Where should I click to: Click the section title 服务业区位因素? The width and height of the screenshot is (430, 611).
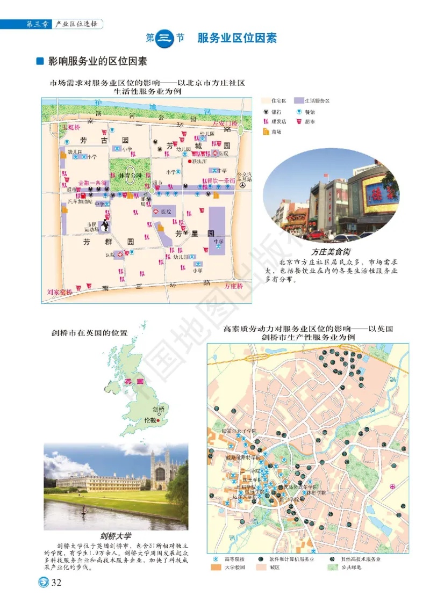click(237, 38)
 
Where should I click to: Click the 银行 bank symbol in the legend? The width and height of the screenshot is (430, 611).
click(266, 112)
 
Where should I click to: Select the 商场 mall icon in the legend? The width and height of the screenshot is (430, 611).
click(266, 132)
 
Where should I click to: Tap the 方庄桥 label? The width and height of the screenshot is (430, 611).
click(234, 286)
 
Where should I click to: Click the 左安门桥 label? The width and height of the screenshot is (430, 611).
click(225, 123)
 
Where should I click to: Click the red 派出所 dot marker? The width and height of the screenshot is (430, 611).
click(189, 161)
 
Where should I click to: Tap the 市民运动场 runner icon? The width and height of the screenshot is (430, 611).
click(104, 226)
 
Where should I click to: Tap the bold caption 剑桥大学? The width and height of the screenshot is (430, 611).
click(116, 535)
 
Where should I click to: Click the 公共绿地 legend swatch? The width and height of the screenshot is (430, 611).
click(333, 567)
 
